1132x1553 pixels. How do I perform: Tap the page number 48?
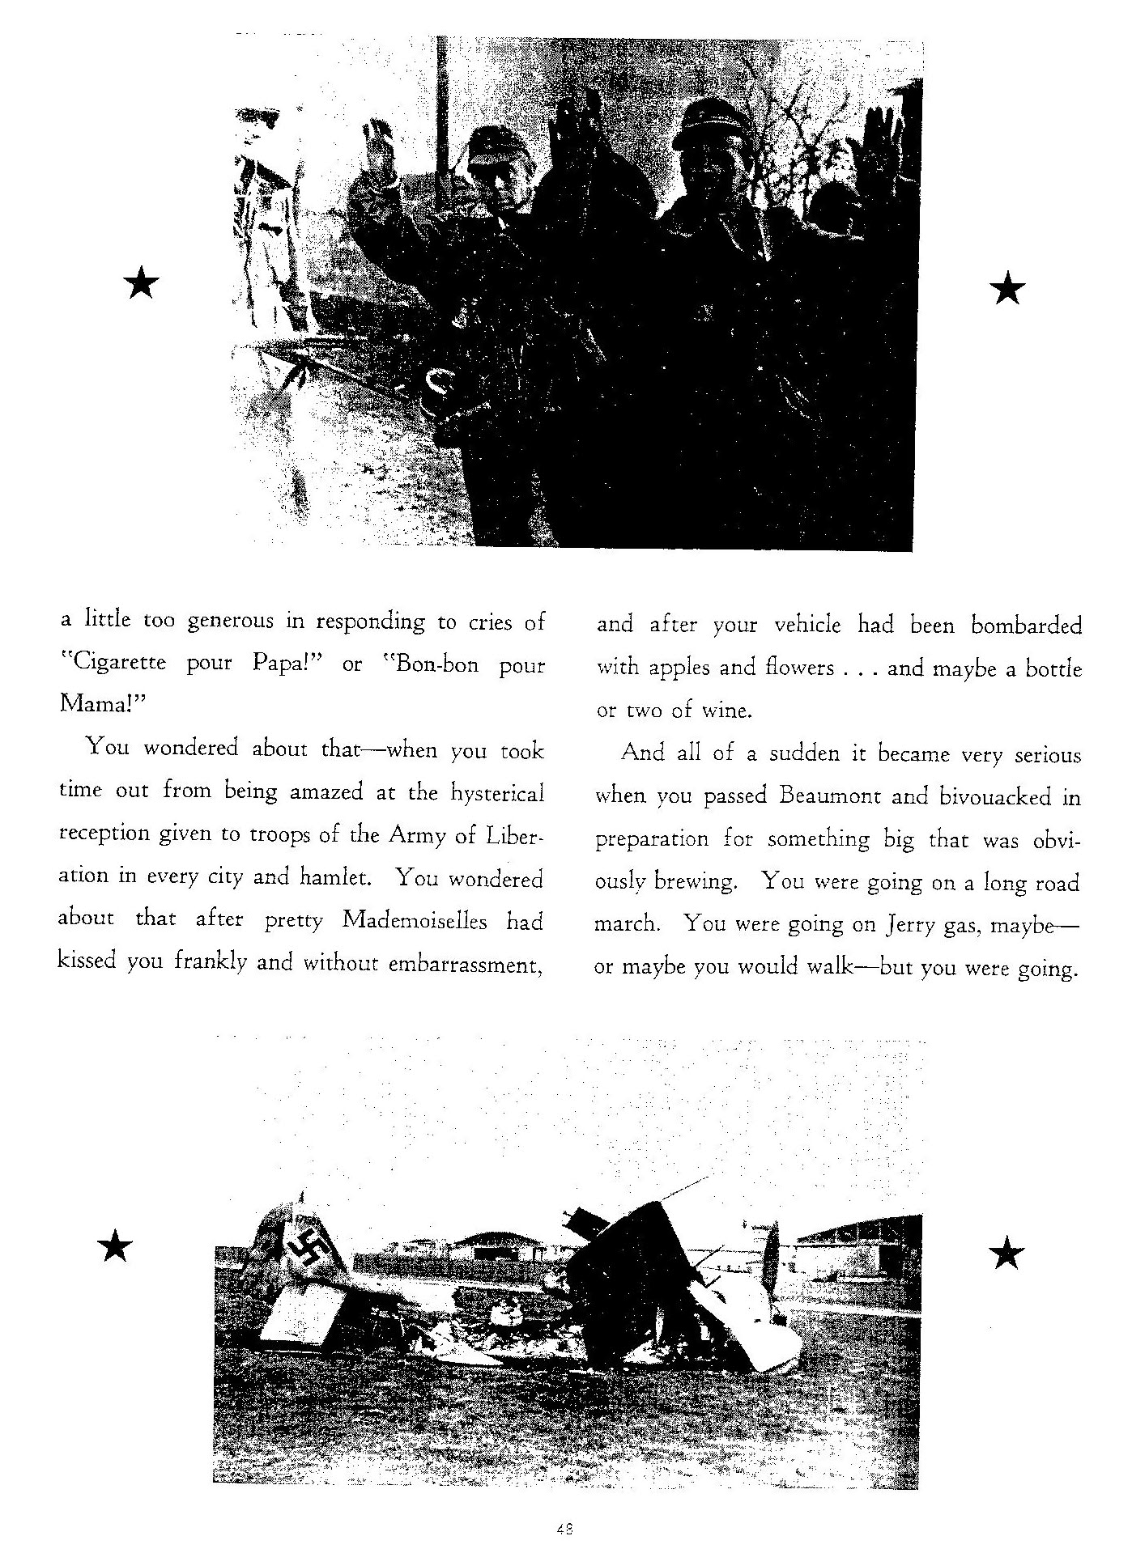tap(565, 1529)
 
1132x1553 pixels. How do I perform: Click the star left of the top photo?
tap(142, 285)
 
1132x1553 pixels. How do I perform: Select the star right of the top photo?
tap(1007, 288)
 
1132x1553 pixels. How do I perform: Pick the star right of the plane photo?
tap(1006, 1254)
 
